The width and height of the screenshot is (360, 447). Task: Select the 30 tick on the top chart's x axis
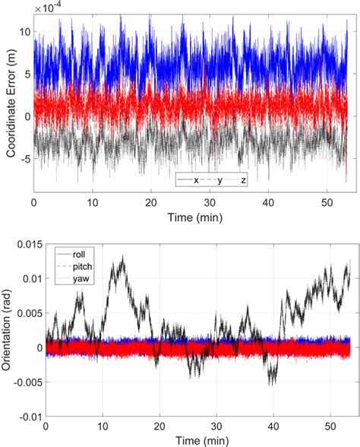209,203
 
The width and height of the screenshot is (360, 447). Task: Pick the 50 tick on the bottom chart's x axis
330,426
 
